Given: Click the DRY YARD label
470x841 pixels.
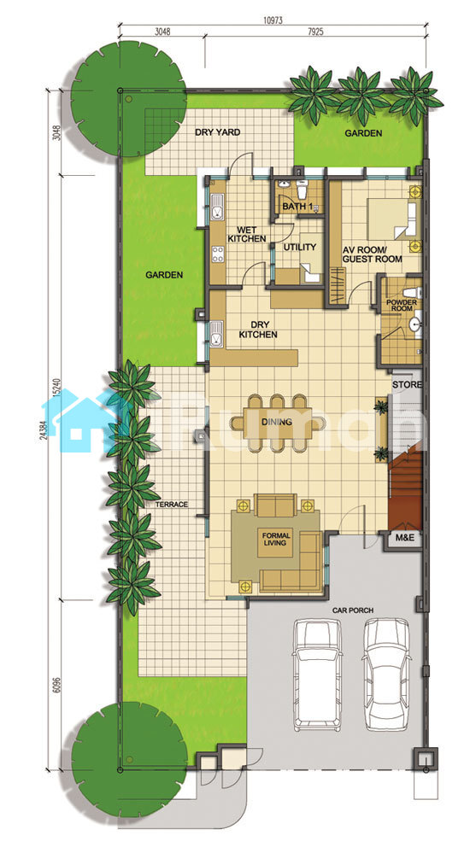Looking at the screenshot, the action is tap(217, 132).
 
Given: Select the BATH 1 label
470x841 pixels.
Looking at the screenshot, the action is tap(297, 206).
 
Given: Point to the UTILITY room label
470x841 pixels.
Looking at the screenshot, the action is tap(299, 248).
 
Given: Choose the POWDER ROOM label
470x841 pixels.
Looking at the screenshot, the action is tap(402, 305).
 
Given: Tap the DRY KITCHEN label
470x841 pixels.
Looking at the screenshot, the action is tap(258, 330).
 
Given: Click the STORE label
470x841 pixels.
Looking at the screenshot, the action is tap(408, 384).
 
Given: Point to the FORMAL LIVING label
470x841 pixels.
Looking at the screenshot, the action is tap(276, 539).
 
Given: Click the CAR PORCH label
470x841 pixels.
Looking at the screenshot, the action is tap(353, 610).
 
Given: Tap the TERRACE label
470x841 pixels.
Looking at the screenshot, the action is tap(172, 504).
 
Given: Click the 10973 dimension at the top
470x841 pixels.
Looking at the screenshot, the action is tap(273, 20).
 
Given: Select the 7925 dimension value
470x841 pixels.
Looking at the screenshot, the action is tap(316, 32).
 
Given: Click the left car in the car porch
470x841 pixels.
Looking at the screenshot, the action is tap(316, 675).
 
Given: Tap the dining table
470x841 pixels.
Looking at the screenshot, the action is tap(278, 423).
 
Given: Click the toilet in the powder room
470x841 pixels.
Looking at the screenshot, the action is tap(413, 294).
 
